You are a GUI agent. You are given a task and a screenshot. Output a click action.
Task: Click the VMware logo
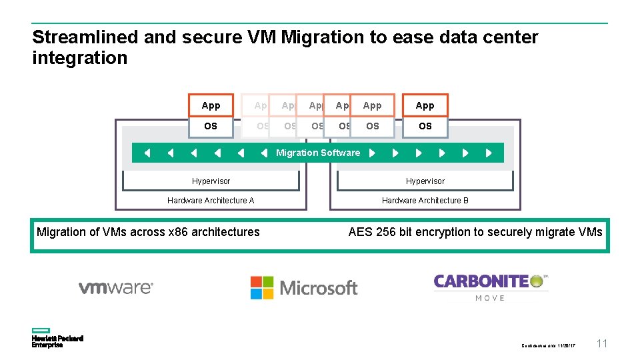[x=116, y=288]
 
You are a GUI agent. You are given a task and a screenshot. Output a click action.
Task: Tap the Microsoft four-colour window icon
[x=262, y=287]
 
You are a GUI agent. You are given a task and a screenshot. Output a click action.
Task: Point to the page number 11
[x=601, y=344]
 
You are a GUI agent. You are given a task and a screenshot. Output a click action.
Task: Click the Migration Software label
[x=318, y=153]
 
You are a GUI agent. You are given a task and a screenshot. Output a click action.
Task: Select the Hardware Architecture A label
[x=211, y=200]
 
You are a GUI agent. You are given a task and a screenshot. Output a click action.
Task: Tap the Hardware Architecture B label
[x=425, y=200]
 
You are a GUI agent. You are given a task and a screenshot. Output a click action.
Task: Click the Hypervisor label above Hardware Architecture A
[x=211, y=181]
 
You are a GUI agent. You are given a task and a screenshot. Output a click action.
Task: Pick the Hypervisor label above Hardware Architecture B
[x=425, y=181]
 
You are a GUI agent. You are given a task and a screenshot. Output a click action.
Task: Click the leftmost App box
[x=211, y=105]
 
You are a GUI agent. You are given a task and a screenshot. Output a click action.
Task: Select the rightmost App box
[x=425, y=105]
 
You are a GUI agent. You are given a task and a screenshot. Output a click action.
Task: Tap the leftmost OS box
[x=211, y=126]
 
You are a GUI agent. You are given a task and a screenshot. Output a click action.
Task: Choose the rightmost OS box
[x=425, y=126]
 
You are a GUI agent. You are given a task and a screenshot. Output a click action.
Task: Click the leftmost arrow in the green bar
[x=147, y=153]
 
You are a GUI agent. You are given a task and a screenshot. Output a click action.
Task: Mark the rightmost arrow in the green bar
[x=489, y=153]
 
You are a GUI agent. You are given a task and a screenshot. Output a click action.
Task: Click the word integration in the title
[x=79, y=58]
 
